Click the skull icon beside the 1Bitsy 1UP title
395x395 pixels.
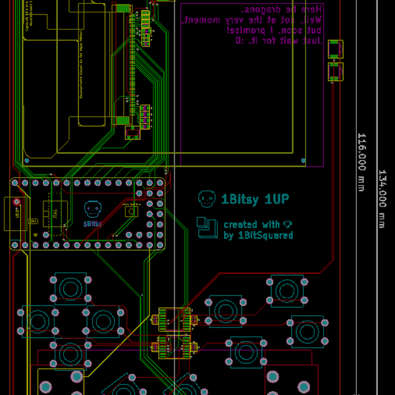coord(207,197)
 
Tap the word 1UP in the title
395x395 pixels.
coord(276,198)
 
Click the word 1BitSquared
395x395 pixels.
coord(265,235)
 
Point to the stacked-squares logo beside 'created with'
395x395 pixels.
coord(207,227)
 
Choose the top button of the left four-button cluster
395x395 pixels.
coord(70,288)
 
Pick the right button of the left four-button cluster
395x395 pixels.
coord(103,321)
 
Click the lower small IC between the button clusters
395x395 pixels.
coord(174,346)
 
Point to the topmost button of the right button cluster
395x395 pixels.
coord(287,290)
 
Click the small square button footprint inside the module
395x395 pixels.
coord(131,211)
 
